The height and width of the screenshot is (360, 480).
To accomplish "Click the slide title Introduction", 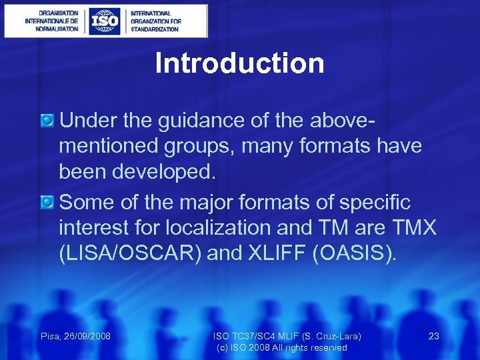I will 239,64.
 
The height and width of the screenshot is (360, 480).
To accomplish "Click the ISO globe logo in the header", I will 105,21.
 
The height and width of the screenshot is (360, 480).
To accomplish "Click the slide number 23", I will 433,336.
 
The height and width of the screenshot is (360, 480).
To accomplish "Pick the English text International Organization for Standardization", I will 155,21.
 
